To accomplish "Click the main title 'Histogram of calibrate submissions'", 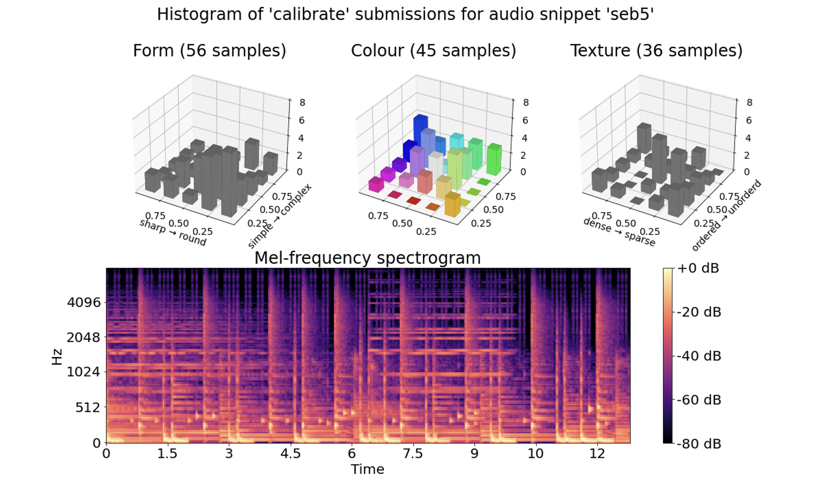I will pos(405,14).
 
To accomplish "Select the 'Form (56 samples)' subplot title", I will pos(209,51).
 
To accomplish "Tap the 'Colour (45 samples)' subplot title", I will pos(433,51).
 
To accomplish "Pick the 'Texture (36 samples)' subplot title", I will pos(656,51).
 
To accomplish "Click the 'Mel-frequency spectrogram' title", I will pos(367,258).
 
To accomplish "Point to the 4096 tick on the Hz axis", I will pos(84,303).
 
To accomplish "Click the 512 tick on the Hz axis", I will pos(88,407).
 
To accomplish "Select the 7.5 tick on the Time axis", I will pos(412,454).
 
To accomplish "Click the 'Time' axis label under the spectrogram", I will pos(367,469).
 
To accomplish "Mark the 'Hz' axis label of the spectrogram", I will pos(57,357).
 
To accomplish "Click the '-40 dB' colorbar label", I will pos(699,356).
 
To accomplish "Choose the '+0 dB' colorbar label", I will pos(698,268).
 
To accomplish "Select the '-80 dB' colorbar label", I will pos(699,444).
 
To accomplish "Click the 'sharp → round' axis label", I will pos(173,233).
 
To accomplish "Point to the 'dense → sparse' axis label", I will pos(619,232).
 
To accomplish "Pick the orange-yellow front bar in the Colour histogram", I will pos(452,205).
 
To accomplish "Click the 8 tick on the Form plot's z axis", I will pos(302,103).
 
